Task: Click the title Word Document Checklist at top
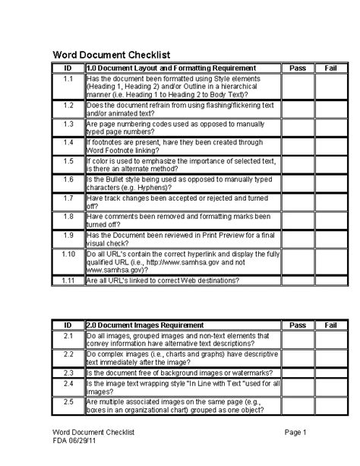[109, 55]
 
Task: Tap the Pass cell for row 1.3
[297, 127]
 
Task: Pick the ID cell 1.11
[68, 281]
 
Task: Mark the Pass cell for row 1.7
[297, 201]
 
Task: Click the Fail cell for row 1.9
[330, 240]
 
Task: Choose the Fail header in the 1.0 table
[330, 68]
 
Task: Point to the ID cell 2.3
[68, 373]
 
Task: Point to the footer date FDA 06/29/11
[74, 441]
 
